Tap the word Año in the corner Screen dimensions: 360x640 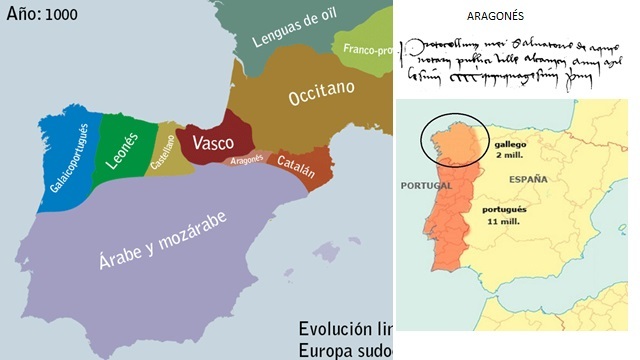24,17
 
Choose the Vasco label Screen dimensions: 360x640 213,141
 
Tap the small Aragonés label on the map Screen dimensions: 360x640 246,159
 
